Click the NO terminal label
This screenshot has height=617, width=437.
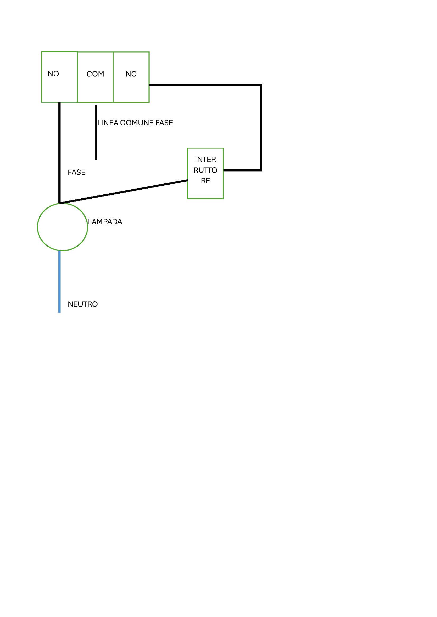53,74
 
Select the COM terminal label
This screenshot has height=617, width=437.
95,74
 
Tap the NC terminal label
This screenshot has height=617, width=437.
131,74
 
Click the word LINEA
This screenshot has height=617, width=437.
108,123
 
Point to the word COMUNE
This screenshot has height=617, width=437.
137,123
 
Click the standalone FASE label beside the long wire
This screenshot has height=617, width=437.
76,172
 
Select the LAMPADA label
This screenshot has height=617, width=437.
105,222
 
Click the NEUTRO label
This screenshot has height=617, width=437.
83,304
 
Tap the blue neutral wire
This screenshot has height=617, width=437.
59,282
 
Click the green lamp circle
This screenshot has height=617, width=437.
62,227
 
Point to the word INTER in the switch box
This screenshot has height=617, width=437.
206,160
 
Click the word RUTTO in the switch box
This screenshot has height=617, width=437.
205,170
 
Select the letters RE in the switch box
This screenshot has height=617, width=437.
206,181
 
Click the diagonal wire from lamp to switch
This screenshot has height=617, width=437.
123,192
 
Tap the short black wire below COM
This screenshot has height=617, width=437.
96,132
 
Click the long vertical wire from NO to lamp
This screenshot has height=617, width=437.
59,153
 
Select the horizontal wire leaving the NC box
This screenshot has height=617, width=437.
205,85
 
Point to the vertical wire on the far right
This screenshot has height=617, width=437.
261,128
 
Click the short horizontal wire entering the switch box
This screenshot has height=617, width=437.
243,170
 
